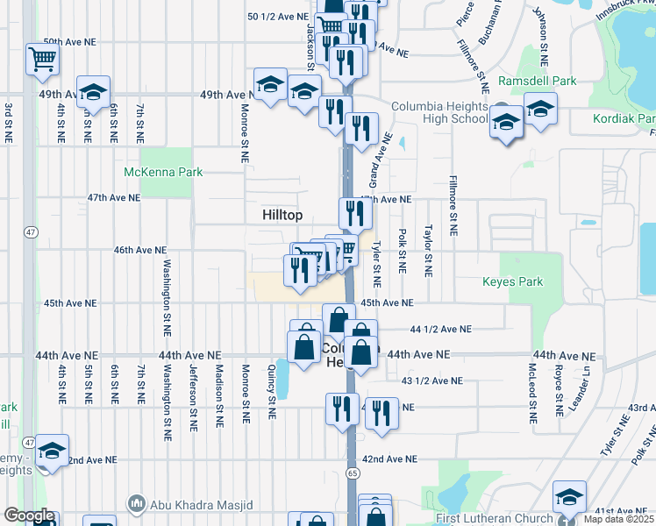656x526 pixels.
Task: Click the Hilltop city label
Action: tap(282, 215)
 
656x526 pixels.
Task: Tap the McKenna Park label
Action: tap(163, 172)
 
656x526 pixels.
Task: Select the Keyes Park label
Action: tap(512, 281)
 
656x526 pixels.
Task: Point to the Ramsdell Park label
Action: tap(537, 81)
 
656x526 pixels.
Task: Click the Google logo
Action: tap(29, 515)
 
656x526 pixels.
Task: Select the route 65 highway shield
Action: tap(353, 473)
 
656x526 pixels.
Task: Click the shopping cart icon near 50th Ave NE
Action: tap(42, 60)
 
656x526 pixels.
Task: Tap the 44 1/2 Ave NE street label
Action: tap(440, 330)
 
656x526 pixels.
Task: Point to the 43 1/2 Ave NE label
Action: tap(431, 380)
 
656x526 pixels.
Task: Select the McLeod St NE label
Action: tap(531, 388)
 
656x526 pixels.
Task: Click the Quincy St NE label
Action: tap(273, 388)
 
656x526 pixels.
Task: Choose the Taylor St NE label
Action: tap(428, 252)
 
